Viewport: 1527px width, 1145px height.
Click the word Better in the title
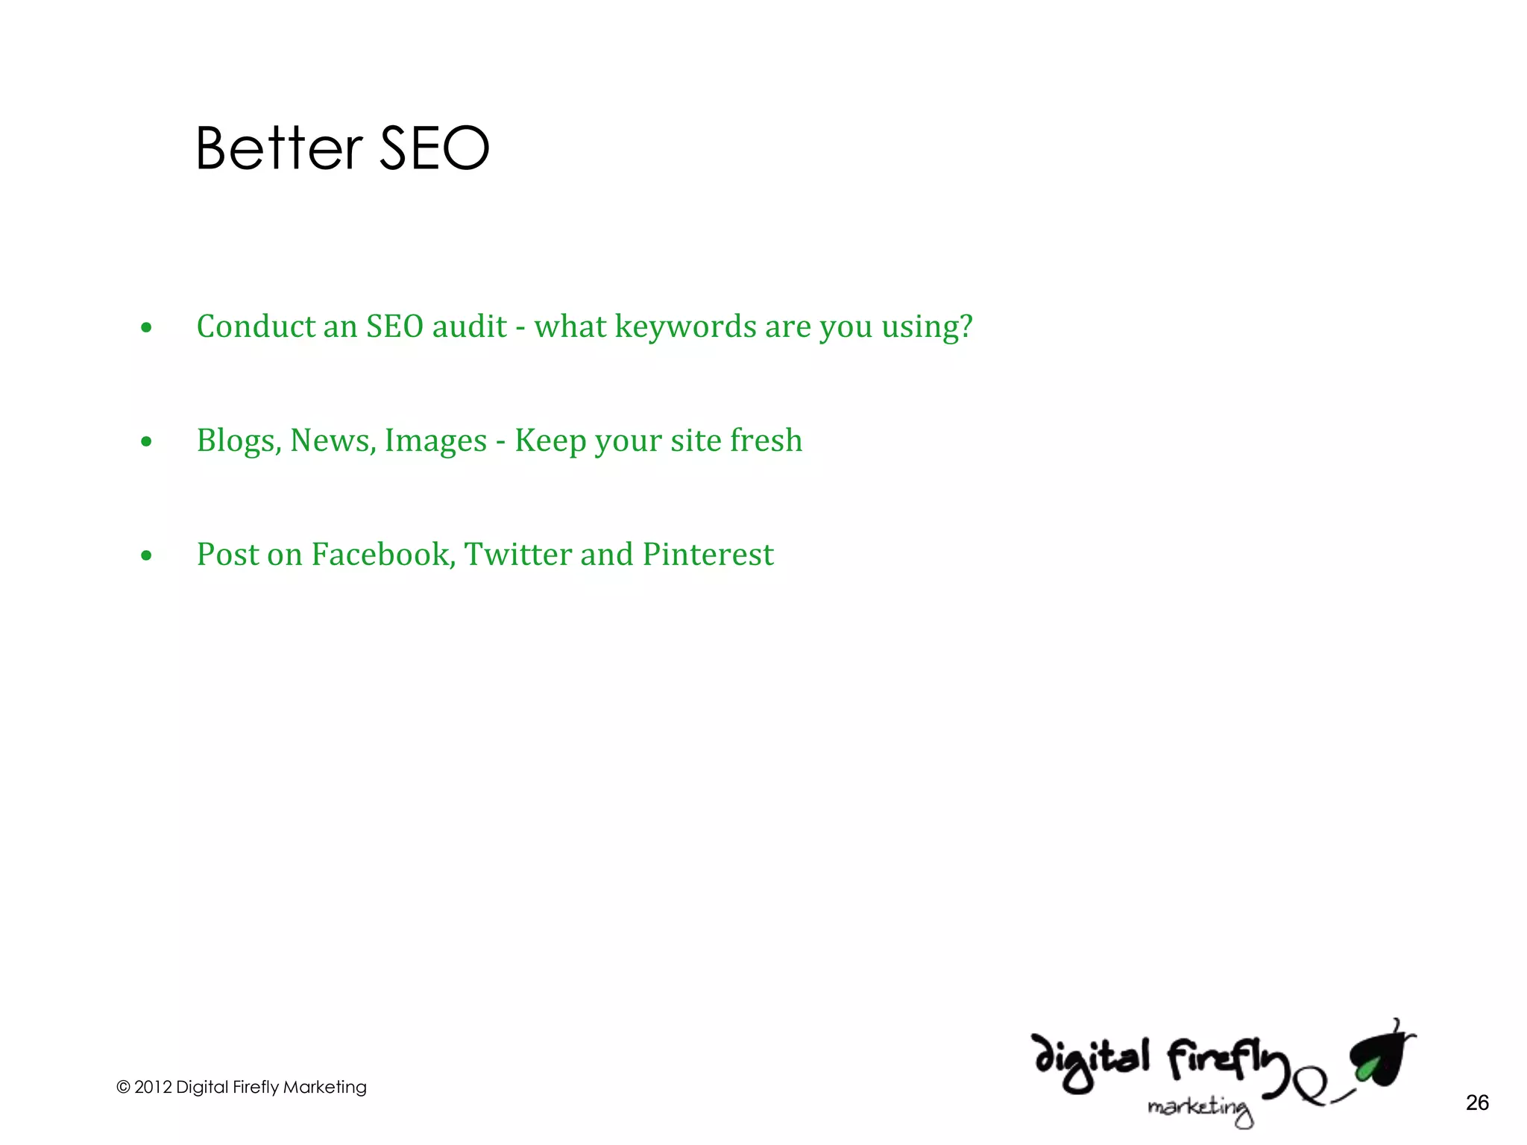(279, 148)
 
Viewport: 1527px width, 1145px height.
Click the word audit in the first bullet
(470, 327)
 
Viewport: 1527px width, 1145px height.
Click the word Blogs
(239, 441)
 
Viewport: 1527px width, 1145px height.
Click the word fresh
(766, 440)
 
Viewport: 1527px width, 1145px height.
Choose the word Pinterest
(708, 555)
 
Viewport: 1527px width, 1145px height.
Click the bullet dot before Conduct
(146, 327)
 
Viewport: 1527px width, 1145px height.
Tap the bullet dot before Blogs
(146, 441)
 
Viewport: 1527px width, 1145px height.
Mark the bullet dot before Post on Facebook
(146, 555)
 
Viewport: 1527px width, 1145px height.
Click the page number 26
(1476, 1103)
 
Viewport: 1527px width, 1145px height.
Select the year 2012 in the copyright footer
(153, 1087)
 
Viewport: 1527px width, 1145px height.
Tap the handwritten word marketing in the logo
(1200, 1108)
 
